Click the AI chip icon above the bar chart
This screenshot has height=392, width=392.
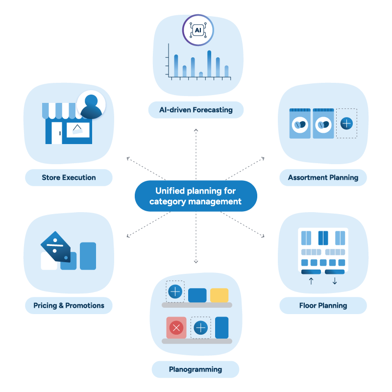pyautogui.click(x=198, y=30)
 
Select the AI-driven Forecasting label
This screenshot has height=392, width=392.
pyautogui.click(x=196, y=110)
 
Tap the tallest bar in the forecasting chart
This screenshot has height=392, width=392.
pyautogui.click(x=209, y=64)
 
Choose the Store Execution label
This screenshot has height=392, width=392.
pyautogui.click(x=69, y=177)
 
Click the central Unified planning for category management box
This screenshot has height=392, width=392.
pyautogui.click(x=196, y=196)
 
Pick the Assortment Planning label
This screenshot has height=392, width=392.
pyautogui.click(x=323, y=177)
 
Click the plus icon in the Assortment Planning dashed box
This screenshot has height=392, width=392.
pyautogui.click(x=346, y=123)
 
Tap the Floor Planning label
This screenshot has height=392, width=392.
pyautogui.click(x=323, y=305)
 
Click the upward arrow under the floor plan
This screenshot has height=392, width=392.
pyautogui.click(x=311, y=281)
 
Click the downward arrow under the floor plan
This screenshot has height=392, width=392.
pyautogui.click(x=335, y=281)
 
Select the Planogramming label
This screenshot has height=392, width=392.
pyautogui.click(x=196, y=369)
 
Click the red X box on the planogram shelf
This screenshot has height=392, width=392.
pyautogui.click(x=176, y=327)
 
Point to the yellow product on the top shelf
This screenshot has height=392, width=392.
pyautogui.click(x=219, y=295)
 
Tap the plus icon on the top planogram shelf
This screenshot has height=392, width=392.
pyautogui.click(x=175, y=292)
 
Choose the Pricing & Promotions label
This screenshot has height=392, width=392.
pyautogui.click(x=69, y=305)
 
